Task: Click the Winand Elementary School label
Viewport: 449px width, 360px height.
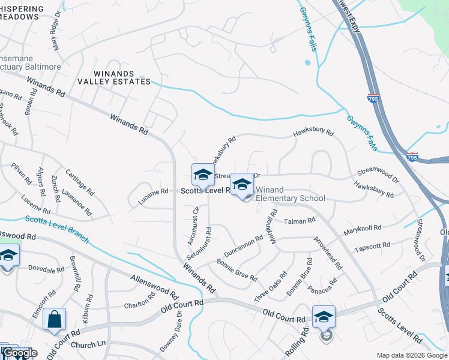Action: (x=291, y=194)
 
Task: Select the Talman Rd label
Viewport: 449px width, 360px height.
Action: (x=299, y=221)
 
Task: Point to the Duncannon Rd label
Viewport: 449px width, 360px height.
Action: (x=243, y=245)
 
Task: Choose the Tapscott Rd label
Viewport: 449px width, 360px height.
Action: (x=372, y=245)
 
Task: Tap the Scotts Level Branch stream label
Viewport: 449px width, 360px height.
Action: (x=57, y=229)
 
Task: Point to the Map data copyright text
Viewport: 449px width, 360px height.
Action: (x=412, y=355)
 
